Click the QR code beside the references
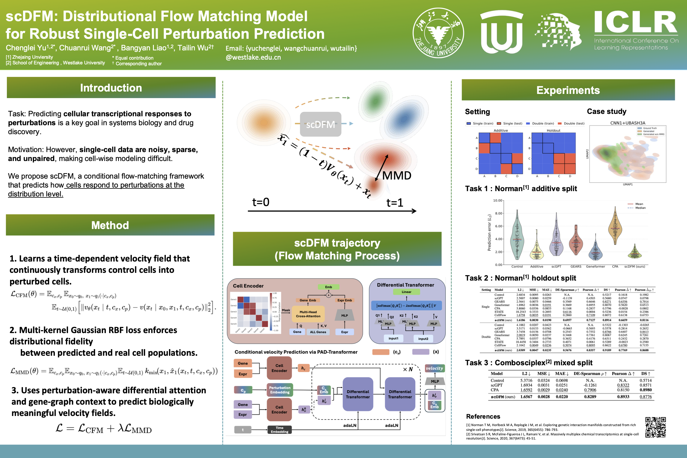pyautogui.click(x=655, y=427)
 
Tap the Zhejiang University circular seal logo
pyautogui.click(x=438, y=33)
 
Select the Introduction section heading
pyautogui.click(x=111, y=88)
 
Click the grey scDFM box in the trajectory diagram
pyautogui.click(x=321, y=124)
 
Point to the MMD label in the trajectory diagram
pyautogui.click(x=397, y=176)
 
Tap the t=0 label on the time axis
pyautogui.click(x=261, y=202)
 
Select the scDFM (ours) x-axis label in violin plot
pyautogui.click(x=635, y=267)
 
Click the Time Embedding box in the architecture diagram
pyautogui.click(x=279, y=430)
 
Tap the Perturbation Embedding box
pyautogui.click(x=280, y=390)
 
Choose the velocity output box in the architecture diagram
pyautogui.click(x=434, y=368)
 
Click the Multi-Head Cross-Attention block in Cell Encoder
pyautogui.click(x=308, y=314)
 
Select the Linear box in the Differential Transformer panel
pyautogui.click(x=406, y=292)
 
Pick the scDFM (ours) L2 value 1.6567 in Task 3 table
pyautogui.click(x=526, y=397)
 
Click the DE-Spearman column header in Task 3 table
pyautogui.click(x=590, y=374)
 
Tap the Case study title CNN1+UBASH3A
pyautogui.click(x=628, y=123)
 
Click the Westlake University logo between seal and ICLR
pyautogui.click(x=502, y=32)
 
